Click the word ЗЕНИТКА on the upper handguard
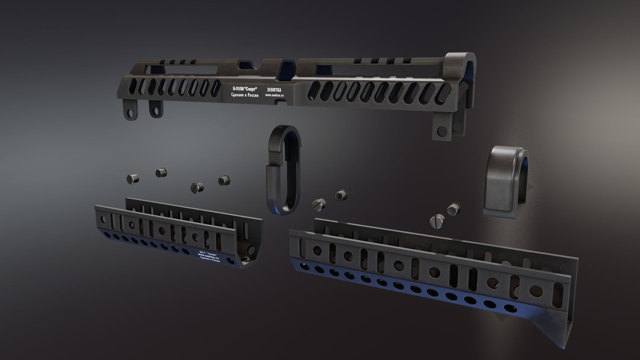(274, 90)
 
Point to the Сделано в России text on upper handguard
(245, 95)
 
